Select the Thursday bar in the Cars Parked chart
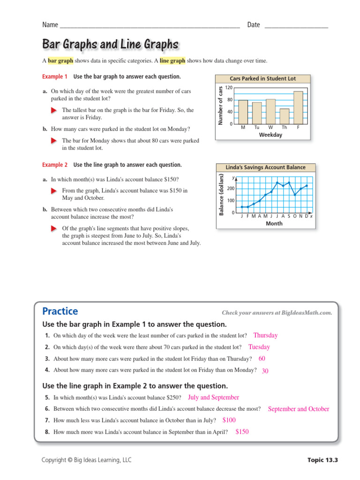(285, 116)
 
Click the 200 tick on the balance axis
(231, 188)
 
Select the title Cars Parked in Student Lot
(263, 79)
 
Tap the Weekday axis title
(270, 135)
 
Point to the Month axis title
(274, 224)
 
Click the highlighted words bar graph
(60, 60)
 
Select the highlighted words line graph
(172, 60)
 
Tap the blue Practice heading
(60, 311)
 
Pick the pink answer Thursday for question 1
(265, 336)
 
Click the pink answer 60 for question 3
(262, 359)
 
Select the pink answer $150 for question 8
(242, 432)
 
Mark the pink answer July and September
(213, 397)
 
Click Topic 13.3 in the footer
(322, 460)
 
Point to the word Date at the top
(253, 25)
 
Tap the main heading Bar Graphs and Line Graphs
(110, 45)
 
